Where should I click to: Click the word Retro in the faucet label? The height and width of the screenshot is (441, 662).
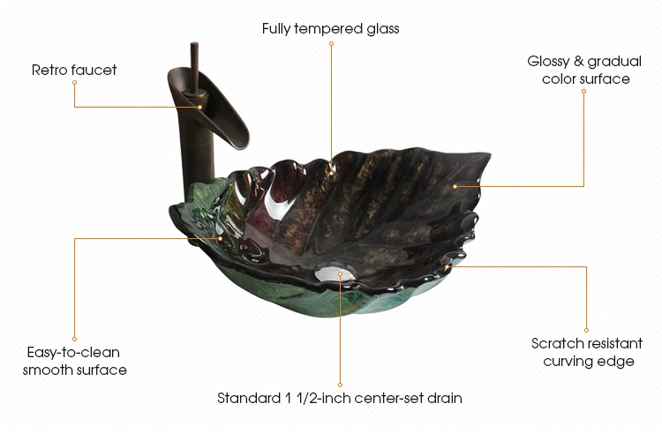[49, 70]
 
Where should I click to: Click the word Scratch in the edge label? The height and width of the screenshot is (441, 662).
[557, 343]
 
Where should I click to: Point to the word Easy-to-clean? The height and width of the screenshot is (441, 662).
[73, 353]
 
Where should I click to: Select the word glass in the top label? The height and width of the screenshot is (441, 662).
[382, 29]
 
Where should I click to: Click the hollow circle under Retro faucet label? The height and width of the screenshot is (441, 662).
[74, 82]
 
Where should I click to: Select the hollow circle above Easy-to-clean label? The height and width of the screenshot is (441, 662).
[74, 339]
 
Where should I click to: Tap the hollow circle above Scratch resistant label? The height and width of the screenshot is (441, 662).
[588, 329]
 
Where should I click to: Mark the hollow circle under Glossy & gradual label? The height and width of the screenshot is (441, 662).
[583, 90]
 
